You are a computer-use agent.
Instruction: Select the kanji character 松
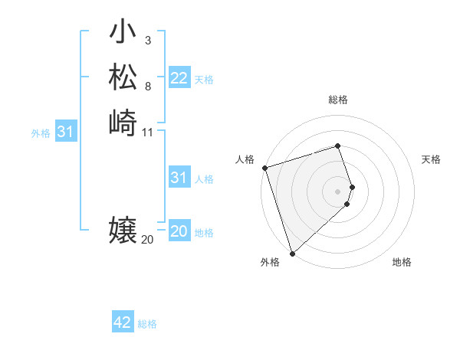tap(123, 79)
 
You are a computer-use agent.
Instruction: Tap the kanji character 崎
tap(123, 123)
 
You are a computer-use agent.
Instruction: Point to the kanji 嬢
tap(123, 230)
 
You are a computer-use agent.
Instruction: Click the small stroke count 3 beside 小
tap(147, 41)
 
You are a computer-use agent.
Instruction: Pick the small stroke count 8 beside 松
tap(147, 85)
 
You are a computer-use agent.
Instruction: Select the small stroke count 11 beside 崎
tap(148, 132)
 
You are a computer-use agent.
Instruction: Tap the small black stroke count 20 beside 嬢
tap(147, 240)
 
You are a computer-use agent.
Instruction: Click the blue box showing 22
tap(179, 78)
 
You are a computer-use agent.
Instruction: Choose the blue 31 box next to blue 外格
tap(66, 132)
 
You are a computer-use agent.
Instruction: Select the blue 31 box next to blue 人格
tap(179, 178)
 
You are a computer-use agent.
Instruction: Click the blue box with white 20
tap(179, 231)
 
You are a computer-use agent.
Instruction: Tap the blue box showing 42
tap(123, 322)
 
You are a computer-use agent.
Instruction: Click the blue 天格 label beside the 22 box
tap(204, 80)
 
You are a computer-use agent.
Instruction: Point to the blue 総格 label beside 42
tap(147, 324)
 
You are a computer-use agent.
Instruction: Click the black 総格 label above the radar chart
tap(338, 100)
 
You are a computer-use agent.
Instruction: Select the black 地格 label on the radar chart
tap(402, 263)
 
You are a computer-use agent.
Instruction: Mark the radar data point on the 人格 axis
tap(264, 167)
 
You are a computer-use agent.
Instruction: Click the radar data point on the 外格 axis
tap(292, 253)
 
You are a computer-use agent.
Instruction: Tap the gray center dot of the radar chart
tap(338, 191)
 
